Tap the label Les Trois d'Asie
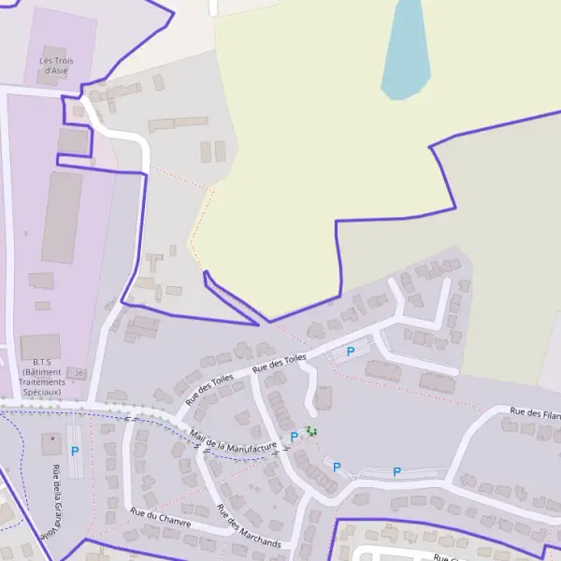click(x=56, y=65)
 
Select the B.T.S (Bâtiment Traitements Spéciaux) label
click(x=41, y=377)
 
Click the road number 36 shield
click(x=79, y=373)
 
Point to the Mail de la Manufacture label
click(x=234, y=439)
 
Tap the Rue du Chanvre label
click(x=161, y=517)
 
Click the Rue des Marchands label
click(x=248, y=526)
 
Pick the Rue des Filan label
click(x=534, y=411)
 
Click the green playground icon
click(x=311, y=431)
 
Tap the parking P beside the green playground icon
click(x=295, y=436)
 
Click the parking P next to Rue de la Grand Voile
click(x=75, y=451)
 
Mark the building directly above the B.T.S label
click(x=40, y=346)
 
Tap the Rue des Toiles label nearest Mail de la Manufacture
click(x=209, y=390)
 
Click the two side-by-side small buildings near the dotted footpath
click(x=213, y=151)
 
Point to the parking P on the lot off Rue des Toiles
click(x=351, y=352)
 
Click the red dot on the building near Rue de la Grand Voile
click(x=53, y=438)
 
